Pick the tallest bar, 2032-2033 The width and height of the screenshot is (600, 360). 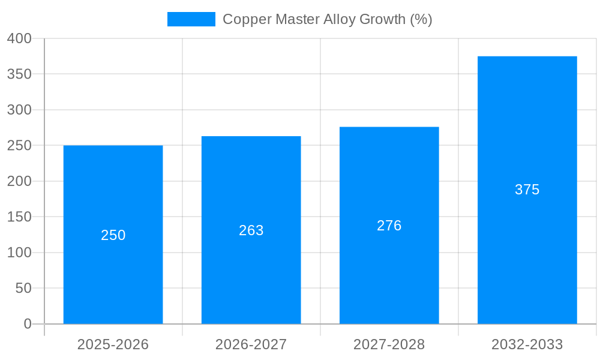pyautogui.click(x=527, y=252)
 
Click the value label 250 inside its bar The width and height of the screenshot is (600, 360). pyautogui.click(x=113, y=235)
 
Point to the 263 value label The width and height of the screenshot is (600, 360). pyautogui.click(x=251, y=230)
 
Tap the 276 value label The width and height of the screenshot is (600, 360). pyautogui.click(x=389, y=226)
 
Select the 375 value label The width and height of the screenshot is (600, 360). pyautogui.click(x=527, y=190)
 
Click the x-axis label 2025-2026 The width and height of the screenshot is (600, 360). pyautogui.click(x=113, y=344)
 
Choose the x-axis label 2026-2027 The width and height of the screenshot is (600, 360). pyautogui.click(x=251, y=344)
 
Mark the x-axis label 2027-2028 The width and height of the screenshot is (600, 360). pyautogui.click(x=389, y=344)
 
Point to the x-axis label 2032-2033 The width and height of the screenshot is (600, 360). pyautogui.click(x=527, y=344)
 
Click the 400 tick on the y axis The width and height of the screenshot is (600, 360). pyautogui.click(x=19, y=38)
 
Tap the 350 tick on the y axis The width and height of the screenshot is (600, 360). pyautogui.click(x=19, y=74)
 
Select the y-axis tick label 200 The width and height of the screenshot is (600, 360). pyautogui.click(x=19, y=181)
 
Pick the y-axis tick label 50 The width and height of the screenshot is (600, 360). pyautogui.click(x=23, y=288)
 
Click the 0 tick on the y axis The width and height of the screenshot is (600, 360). pyautogui.click(x=28, y=324)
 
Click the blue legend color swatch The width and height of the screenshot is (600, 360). pyautogui.click(x=191, y=19)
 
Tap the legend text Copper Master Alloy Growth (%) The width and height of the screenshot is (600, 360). pyautogui.click(x=327, y=19)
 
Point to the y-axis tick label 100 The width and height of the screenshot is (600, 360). pyautogui.click(x=19, y=253)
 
